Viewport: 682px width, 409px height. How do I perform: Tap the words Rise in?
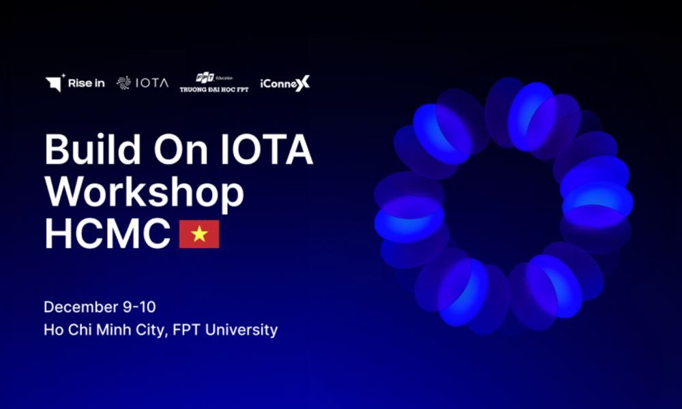pos(86,83)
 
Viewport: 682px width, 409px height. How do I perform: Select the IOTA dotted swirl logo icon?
pos(124,82)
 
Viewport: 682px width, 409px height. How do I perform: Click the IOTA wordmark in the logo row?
pos(152,83)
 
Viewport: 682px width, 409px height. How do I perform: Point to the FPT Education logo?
pos(214,82)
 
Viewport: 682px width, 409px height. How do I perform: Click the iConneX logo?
pos(285,83)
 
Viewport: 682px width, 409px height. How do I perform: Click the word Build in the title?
pos(93,149)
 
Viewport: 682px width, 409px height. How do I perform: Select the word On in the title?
pos(181,150)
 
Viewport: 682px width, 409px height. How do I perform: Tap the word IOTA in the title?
pos(267,149)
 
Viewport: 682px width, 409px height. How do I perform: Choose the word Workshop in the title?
pos(145,192)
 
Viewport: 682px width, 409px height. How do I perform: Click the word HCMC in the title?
pos(108,234)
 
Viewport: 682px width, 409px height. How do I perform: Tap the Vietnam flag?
pos(199,234)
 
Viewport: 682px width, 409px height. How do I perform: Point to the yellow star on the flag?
pos(199,234)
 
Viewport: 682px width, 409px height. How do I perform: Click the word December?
pos(81,307)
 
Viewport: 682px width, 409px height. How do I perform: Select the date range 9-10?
pos(139,307)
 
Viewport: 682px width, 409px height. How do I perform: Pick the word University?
pos(241,330)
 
